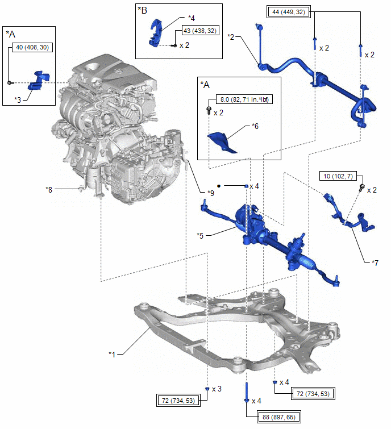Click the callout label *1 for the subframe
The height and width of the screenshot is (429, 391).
[x=112, y=354]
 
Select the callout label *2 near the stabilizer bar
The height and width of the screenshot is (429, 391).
[x=231, y=37]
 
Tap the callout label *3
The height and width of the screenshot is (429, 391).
[x=18, y=99]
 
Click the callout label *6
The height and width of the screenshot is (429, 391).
[x=255, y=127]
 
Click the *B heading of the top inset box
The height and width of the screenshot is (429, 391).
[x=142, y=10]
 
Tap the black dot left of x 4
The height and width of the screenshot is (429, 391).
[x=218, y=186]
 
